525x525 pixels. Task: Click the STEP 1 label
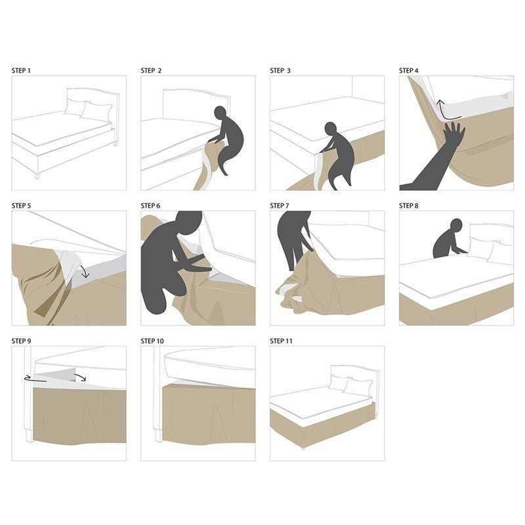point(22,70)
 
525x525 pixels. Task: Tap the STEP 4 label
point(409,70)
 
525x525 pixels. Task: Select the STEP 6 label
point(150,205)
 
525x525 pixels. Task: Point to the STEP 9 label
point(22,341)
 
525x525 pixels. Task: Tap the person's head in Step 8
point(456,225)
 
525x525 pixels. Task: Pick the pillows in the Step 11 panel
point(349,385)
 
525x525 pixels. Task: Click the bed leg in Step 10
point(157,434)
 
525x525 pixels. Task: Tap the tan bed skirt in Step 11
point(322,430)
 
